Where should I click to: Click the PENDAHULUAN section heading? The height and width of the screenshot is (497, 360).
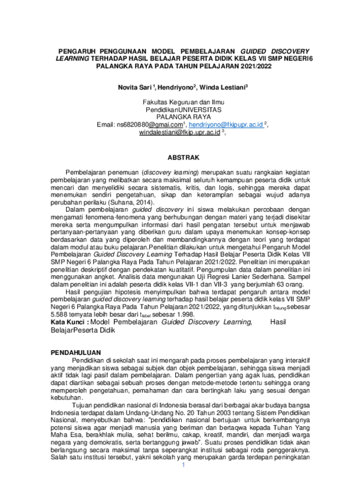click(x=76, y=351)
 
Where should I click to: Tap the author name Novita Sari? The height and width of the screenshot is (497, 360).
click(x=136, y=87)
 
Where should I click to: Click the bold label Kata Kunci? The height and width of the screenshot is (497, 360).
click(x=71, y=323)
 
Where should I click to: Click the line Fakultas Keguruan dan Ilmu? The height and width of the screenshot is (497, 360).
click(x=178, y=103)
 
